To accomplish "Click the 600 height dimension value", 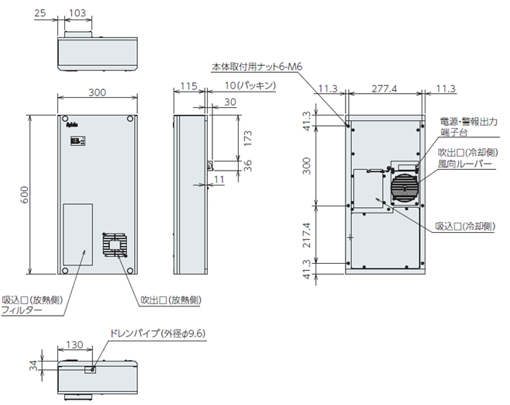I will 24,196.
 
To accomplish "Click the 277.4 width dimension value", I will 384,90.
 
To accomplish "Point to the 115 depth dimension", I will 186,86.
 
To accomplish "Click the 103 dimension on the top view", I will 77,13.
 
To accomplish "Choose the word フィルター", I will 22,310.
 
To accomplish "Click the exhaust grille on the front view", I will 115,247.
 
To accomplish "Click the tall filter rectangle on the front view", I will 78,234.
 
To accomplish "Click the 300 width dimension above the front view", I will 97,92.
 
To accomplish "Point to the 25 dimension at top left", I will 40,13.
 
